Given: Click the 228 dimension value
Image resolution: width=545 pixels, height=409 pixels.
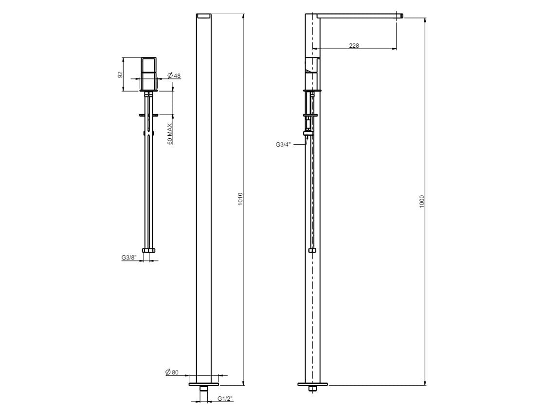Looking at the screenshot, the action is [354, 45].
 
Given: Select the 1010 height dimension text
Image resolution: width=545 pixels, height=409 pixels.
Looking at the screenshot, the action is [240, 199].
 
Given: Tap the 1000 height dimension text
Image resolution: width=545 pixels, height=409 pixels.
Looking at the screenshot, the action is [421, 202].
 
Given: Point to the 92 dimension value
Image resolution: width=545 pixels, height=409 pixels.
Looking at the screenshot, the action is [121, 74].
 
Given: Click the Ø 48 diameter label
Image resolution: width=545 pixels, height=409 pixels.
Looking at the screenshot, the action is [174, 75].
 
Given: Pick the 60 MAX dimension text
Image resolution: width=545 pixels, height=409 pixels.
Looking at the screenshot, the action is [170, 134].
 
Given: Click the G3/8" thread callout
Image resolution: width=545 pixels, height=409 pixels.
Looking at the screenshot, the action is [129, 258].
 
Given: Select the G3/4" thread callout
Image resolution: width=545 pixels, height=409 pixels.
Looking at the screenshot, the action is [283, 144].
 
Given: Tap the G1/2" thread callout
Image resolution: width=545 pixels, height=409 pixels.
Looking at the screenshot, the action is [225, 399].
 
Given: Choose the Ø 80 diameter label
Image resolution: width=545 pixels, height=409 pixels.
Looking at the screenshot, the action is [172, 372].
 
